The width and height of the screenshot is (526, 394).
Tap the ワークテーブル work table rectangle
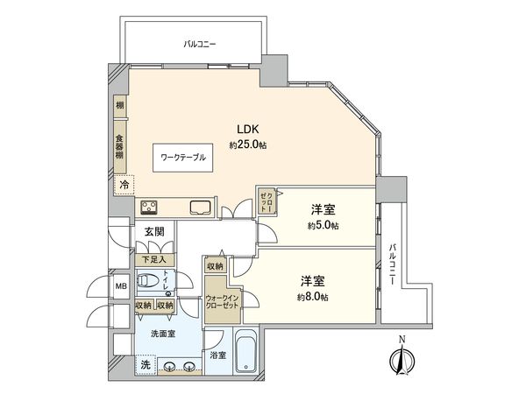coord(183,158)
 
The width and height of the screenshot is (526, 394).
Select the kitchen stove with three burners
coord(150,208)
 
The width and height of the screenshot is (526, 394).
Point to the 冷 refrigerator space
coord(124,185)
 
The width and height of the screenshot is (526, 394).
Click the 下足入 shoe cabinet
coord(155,259)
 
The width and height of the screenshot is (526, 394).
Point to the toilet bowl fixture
coord(153,282)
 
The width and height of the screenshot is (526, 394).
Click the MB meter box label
coord(120,286)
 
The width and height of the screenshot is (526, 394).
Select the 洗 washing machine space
coord(145,364)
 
